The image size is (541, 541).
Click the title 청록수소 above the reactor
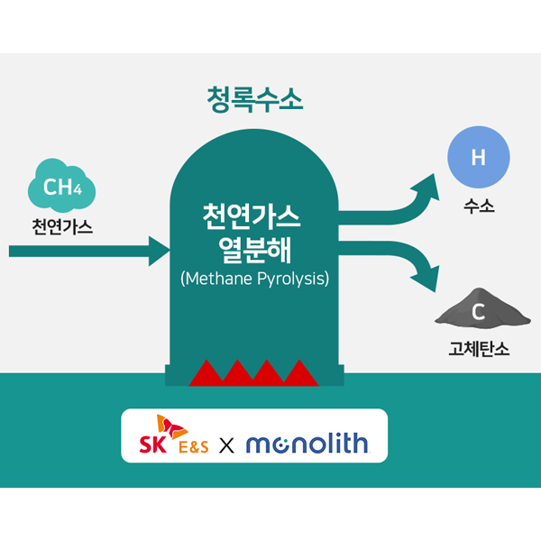tap(255, 97)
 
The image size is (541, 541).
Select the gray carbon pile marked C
tap(479, 312)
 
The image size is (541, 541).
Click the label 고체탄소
tap(479, 349)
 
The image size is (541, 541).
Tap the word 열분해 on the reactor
tap(255, 248)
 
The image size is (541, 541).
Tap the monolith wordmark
tap(306, 443)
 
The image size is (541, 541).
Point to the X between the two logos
tap(227, 445)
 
